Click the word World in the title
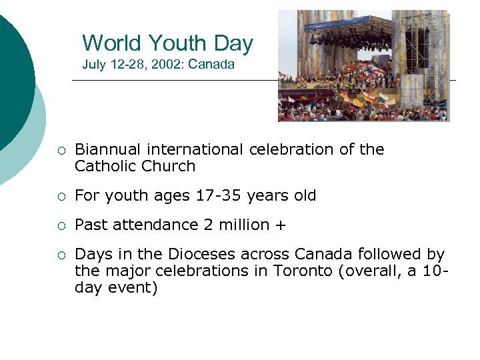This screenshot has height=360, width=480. (x=112, y=43)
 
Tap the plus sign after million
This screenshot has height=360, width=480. (x=279, y=225)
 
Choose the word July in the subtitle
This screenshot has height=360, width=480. (x=93, y=65)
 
